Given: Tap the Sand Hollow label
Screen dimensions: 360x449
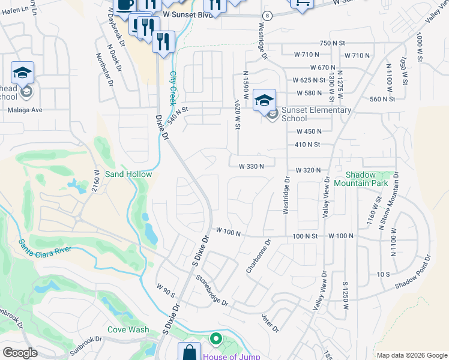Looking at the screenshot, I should coord(128,174).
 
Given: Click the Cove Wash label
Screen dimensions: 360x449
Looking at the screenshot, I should coord(128,329).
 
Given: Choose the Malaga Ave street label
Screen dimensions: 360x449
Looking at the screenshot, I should coord(25,110).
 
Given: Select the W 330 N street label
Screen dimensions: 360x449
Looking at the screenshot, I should coord(251,166).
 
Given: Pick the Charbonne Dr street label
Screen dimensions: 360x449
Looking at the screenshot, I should coord(259,257).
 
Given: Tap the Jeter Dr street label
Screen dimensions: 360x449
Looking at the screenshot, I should coord(270,323).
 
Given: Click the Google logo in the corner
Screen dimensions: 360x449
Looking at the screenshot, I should coord(20,353).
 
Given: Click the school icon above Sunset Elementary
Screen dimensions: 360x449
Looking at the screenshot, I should coord(264,101).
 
